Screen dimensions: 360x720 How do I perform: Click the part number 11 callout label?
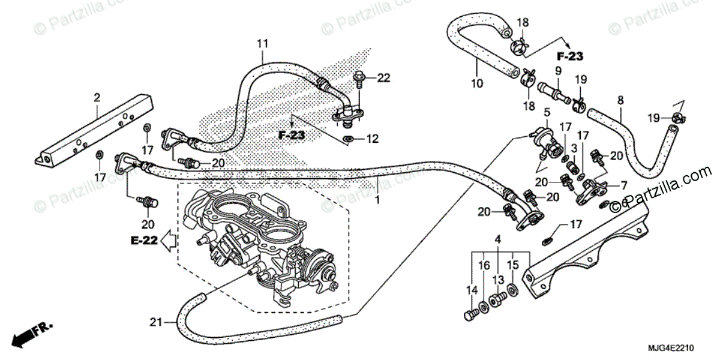tap(262, 44)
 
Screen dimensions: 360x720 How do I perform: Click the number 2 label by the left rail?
tap(96, 97)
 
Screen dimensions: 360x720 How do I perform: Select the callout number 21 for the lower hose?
tap(154, 323)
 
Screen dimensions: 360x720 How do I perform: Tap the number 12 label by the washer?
tap(373, 139)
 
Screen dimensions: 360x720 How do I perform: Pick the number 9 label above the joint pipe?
tap(557, 70)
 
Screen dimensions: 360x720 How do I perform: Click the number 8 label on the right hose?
tap(620, 100)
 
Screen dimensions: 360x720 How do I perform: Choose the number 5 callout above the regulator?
tap(547, 112)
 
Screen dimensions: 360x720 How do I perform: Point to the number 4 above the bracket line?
tap(497, 241)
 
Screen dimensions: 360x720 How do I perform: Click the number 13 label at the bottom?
tap(497, 280)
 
